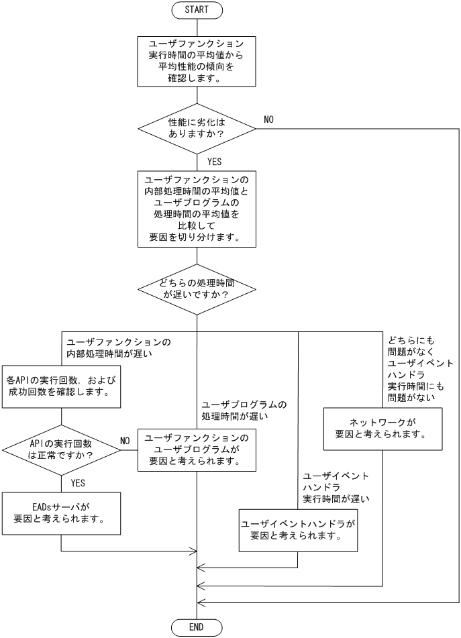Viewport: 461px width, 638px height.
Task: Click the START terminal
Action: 197,10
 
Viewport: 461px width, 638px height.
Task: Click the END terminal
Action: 197,627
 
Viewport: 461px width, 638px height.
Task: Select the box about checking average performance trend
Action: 197,61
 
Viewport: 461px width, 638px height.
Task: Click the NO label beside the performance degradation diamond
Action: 268,119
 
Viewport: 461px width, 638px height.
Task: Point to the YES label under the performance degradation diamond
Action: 214,162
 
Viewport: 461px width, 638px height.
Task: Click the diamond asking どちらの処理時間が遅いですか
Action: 197,289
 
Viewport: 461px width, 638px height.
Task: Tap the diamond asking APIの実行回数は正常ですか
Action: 62,449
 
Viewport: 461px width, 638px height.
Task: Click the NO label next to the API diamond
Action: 124,441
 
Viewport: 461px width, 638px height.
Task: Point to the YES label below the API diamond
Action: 79,482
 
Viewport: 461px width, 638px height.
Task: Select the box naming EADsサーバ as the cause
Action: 62,514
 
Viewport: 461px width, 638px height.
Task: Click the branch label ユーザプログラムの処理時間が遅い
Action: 244,411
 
